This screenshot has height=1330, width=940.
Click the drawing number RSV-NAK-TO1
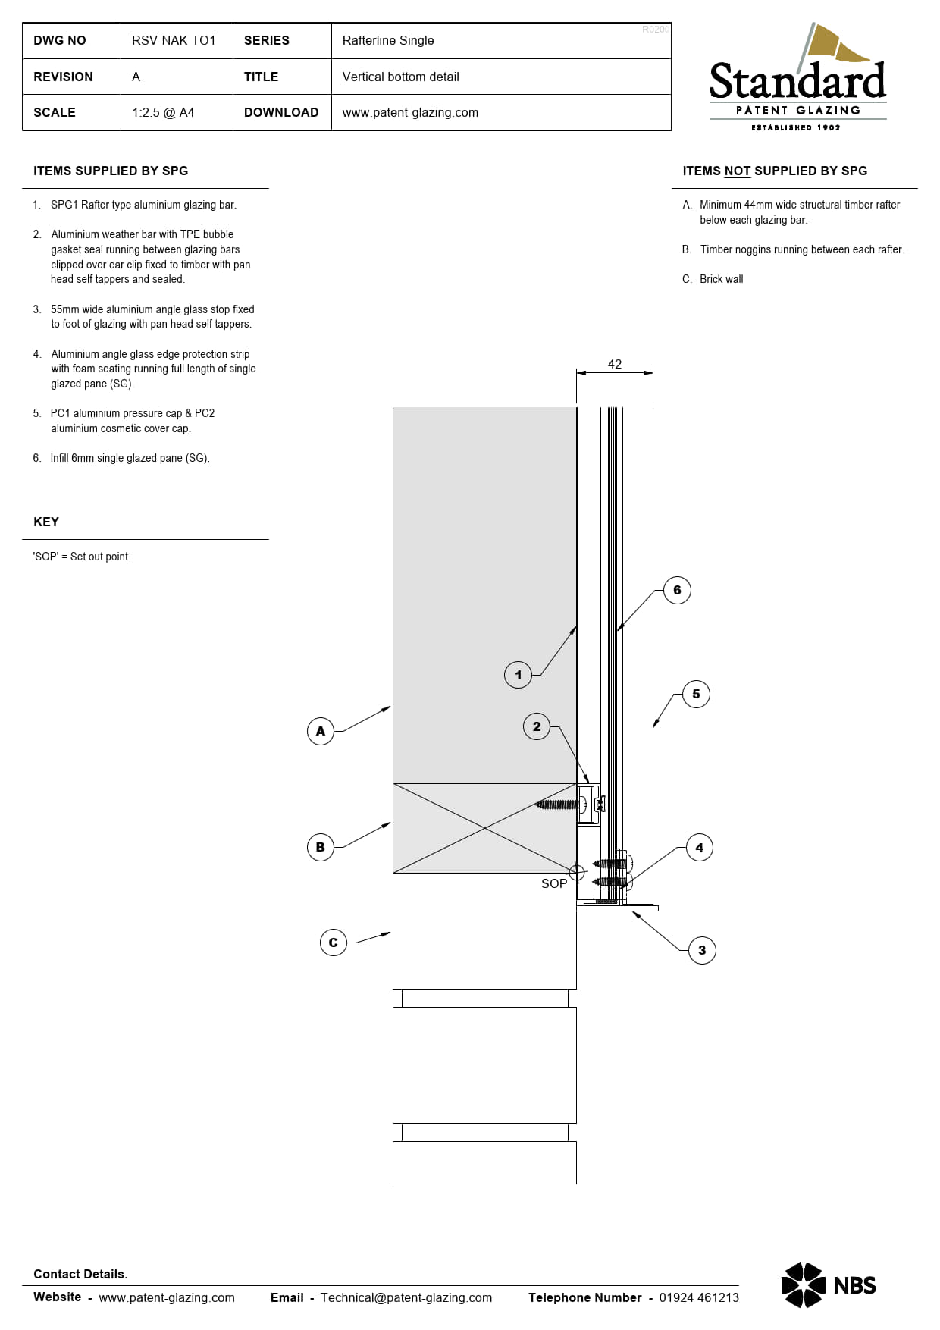(x=174, y=40)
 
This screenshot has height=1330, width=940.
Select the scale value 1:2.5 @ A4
(x=163, y=112)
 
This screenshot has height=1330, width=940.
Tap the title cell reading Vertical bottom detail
(x=400, y=77)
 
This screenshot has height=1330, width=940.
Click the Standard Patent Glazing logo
(x=797, y=80)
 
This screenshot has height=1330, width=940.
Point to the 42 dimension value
(x=615, y=364)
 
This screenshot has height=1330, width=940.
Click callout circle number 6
(x=677, y=590)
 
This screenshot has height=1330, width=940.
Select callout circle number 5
(x=696, y=694)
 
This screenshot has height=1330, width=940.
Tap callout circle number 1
(x=518, y=674)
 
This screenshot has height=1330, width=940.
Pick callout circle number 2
(x=537, y=726)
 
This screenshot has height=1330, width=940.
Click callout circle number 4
(x=699, y=848)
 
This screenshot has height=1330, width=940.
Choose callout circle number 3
(x=702, y=950)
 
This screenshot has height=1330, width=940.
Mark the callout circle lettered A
(x=321, y=731)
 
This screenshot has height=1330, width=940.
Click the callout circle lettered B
(x=321, y=847)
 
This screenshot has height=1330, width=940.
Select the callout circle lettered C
(x=333, y=943)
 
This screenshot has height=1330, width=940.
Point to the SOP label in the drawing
(x=554, y=883)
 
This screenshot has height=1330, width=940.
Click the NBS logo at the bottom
(x=829, y=1285)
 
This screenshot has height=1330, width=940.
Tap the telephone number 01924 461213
(x=699, y=1297)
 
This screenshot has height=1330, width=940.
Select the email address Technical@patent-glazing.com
(x=406, y=1297)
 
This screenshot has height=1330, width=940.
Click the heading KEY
(x=46, y=522)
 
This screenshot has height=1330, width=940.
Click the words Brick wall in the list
(x=721, y=279)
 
